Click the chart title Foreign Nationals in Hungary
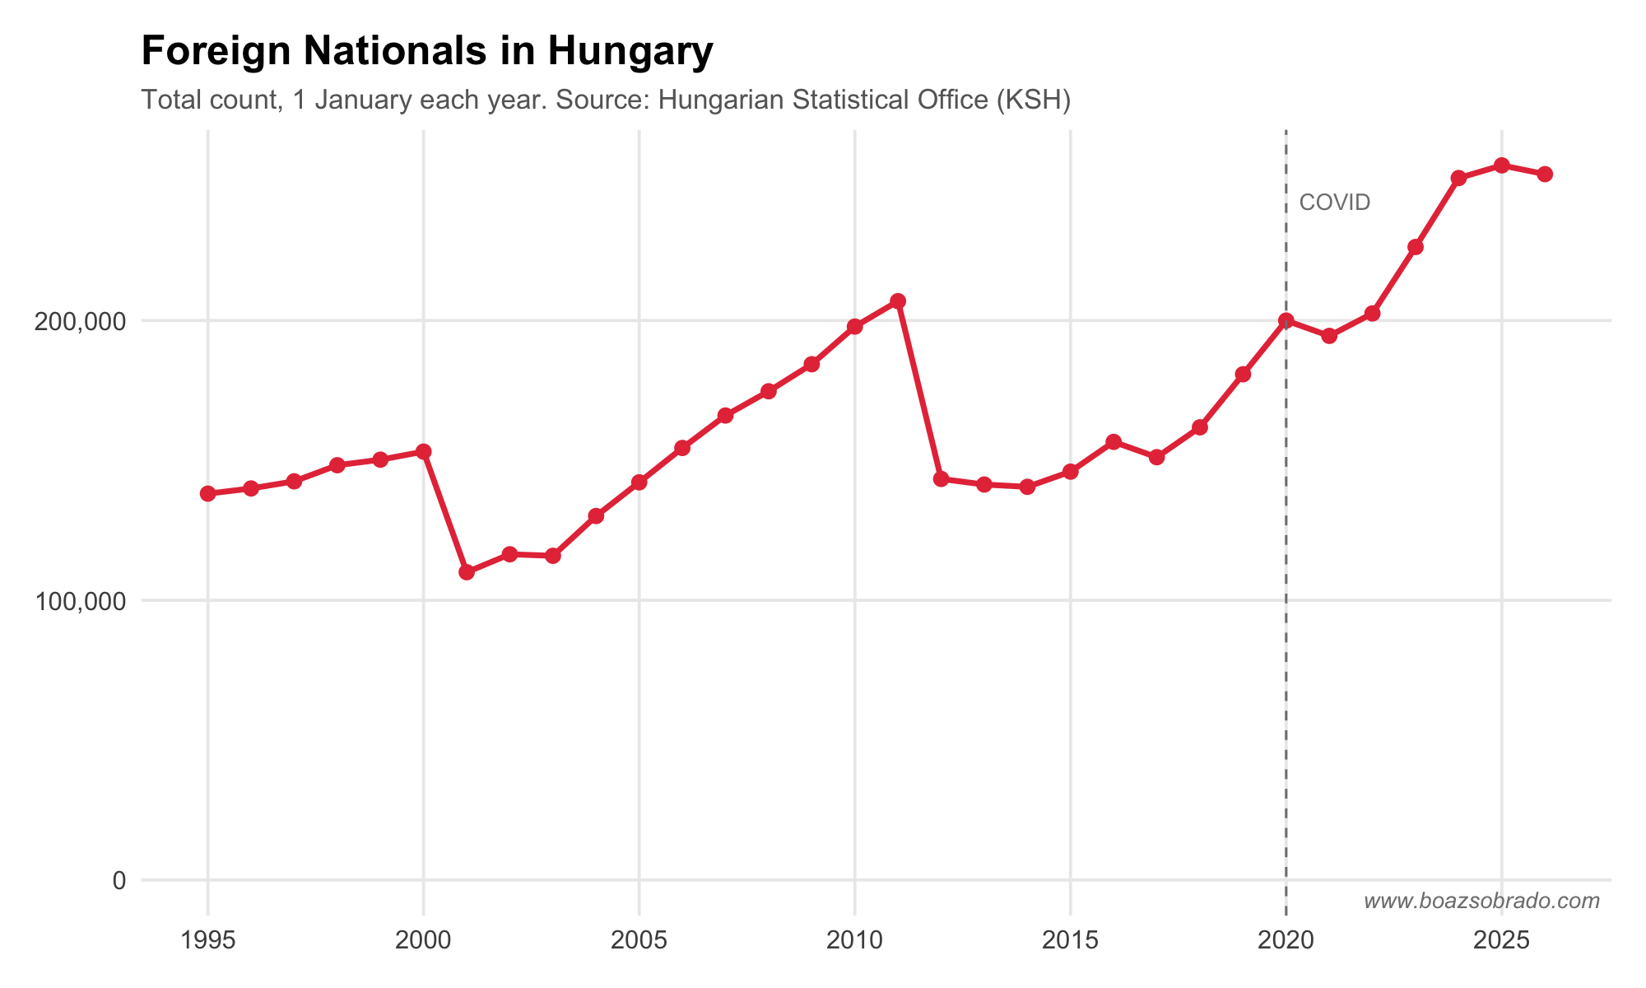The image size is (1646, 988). click(x=427, y=52)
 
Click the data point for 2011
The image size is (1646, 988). click(x=898, y=301)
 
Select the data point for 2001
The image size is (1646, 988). click(x=467, y=572)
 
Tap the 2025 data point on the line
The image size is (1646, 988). click(x=1502, y=165)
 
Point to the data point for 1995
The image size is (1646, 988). click(x=208, y=493)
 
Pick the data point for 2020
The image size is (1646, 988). click(x=1286, y=320)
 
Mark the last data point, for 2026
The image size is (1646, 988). click(x=1545, y=174)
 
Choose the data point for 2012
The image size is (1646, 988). click(x=942, y=479)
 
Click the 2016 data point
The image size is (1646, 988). click(x=1114, y=442)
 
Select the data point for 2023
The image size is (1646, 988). click(x=1416, y=247)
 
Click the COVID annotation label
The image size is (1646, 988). click(x=1334, y=203)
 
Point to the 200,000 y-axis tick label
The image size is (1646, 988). click(x=80, y=321)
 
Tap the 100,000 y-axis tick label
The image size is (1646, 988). click(x=80, y=601)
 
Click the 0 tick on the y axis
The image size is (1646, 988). click(x=119, y=881)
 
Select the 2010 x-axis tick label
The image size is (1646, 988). click(x=854, y=940)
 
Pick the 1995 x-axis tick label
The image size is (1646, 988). click(x=208, y=940)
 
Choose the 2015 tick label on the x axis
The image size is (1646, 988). click(x=1070, y=940)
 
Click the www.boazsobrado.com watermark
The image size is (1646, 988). click(x=1481, y=902)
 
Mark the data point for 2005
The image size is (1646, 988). click(x=639, y=482)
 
